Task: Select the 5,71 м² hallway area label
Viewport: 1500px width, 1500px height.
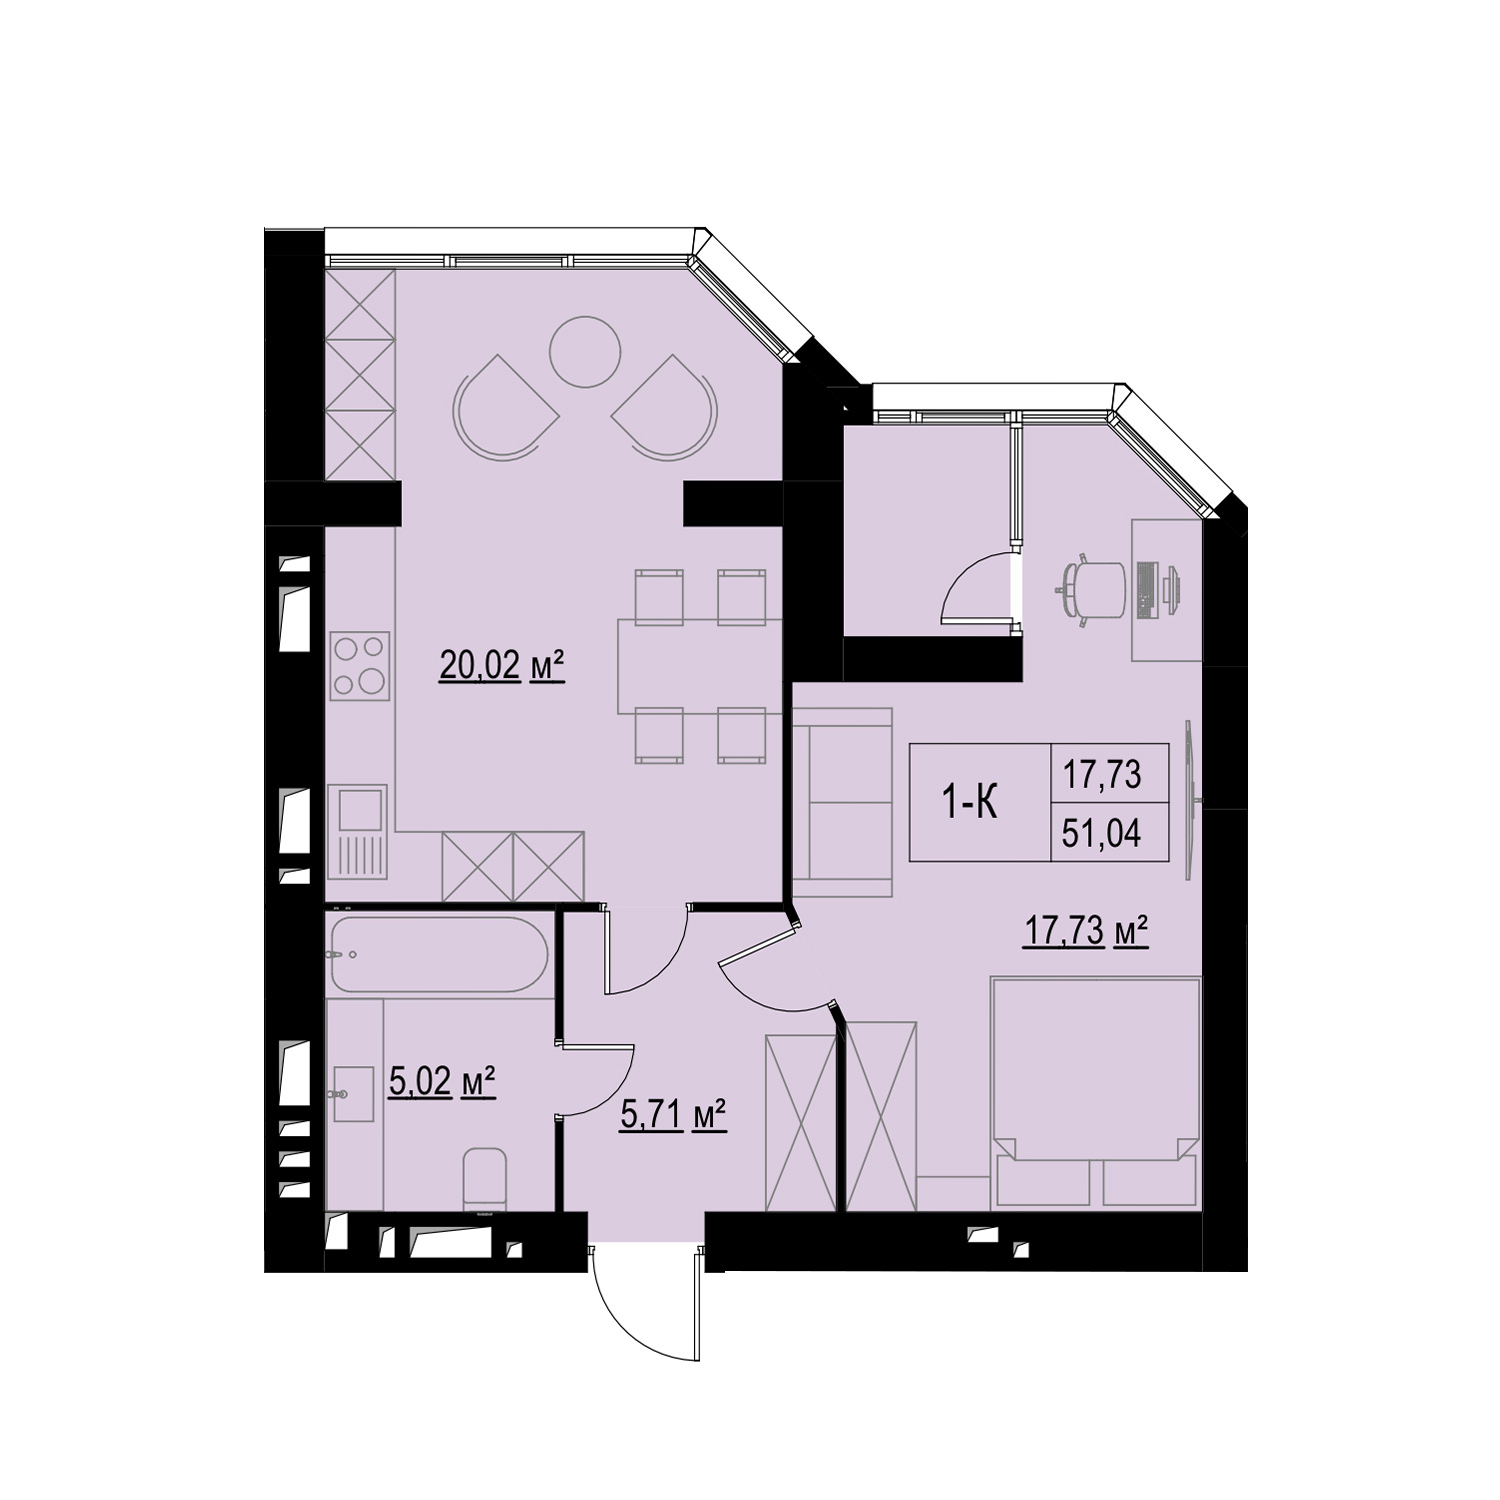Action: tap(673, 1113)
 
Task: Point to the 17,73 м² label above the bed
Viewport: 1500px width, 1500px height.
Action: tap(1084, 931)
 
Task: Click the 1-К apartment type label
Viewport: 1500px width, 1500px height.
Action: tap(970, 803)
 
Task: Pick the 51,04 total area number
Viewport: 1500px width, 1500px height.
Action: tap(1101, 832)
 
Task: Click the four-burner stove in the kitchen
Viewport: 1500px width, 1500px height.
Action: tap(360, 665)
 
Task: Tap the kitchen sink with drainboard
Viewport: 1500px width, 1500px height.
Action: tap(357, 831)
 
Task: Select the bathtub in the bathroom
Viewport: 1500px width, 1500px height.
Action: tap(439, 954)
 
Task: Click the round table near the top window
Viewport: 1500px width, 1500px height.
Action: tap(585, 351)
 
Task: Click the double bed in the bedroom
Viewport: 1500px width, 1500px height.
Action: tap(1095, 1094)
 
